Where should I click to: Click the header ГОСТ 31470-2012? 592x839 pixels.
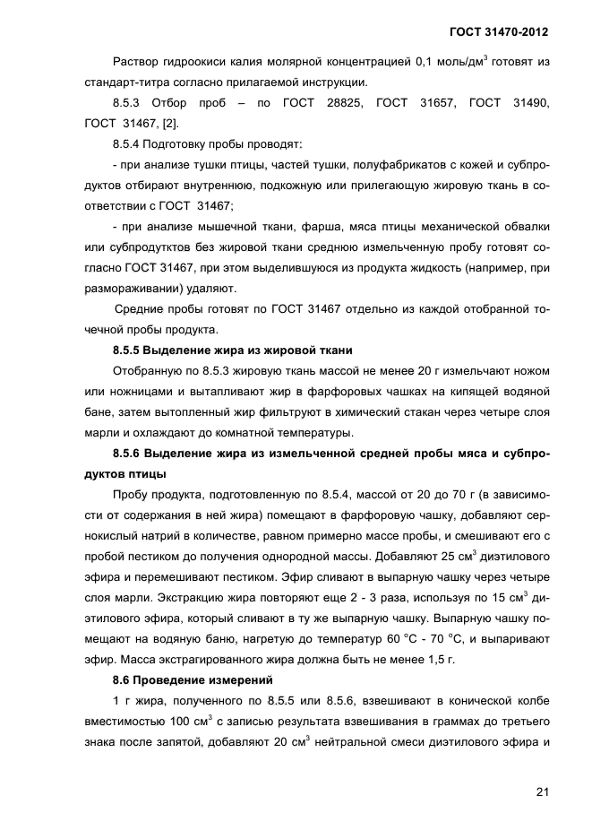point(498,32)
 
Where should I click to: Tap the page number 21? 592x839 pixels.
point(542,791)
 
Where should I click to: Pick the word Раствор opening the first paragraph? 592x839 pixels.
point(135,61)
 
